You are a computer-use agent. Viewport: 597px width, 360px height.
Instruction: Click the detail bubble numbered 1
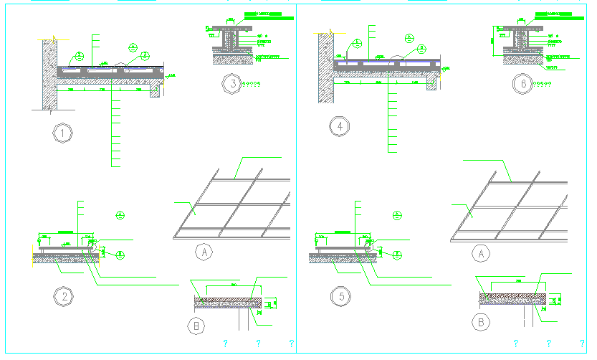(64, 133)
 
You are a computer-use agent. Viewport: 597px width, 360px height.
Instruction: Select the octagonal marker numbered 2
(64, 295)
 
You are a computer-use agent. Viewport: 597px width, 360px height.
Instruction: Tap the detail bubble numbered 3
(231, 85)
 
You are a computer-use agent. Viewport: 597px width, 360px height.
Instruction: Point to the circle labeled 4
(339, 127)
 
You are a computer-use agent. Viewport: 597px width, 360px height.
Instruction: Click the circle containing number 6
(523, 85)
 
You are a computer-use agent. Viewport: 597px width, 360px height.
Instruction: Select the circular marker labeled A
(480, 252)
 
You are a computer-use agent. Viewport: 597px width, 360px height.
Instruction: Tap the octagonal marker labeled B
(196, 327)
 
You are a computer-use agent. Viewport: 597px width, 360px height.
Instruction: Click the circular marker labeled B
(482, 323)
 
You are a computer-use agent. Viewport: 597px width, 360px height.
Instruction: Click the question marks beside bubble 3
(251, 85)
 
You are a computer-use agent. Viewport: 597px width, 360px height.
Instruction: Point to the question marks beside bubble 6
(543, 85)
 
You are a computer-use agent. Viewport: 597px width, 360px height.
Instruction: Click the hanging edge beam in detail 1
(155, 94)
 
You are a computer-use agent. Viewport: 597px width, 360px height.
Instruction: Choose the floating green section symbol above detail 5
(397, 215)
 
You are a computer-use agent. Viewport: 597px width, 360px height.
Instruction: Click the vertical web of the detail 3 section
(231, 39)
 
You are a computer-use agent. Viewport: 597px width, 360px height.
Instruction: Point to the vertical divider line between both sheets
(296, 179)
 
